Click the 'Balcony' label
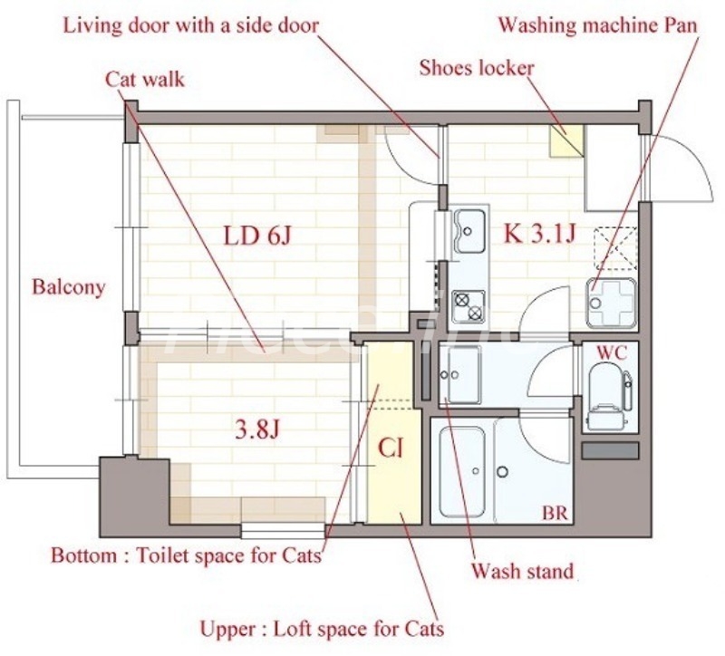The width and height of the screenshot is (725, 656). (69, 288)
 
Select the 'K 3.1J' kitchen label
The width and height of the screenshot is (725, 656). (540, 235)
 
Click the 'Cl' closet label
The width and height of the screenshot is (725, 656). (391, 448)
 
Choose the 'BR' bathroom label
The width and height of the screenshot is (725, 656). (555, 514)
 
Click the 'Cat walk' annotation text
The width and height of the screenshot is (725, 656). (145, 79)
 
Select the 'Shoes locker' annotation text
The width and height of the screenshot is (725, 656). (477, 68)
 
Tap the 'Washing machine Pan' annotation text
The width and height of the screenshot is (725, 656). (598, 25)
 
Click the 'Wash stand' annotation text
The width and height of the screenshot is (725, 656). (522, 572)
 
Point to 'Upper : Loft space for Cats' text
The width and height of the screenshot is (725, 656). (322, 627)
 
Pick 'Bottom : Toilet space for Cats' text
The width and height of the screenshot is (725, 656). (186, 555)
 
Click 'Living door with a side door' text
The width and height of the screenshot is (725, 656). (190, 24)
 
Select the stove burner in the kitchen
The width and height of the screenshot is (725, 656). (469, 304)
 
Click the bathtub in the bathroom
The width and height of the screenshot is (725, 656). (461, 471)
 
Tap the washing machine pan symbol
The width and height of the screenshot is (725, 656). (612, 301)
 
